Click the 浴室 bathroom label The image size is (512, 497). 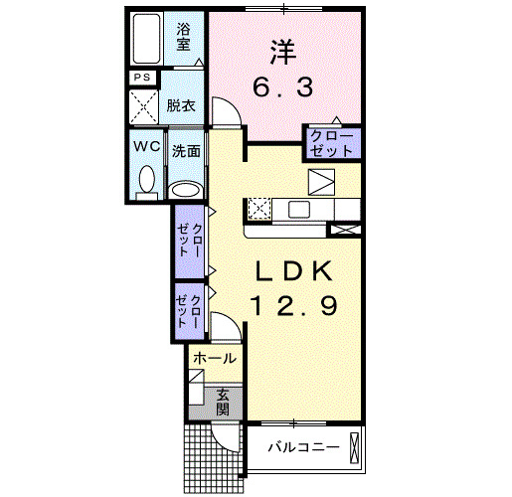(185, 39)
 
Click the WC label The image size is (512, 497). (146, 146)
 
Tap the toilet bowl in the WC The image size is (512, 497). (147, 180)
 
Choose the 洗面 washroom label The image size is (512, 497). (186, 152)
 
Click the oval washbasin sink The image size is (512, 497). (186, 189)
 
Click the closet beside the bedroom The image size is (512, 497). (330, 143)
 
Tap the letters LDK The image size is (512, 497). (294, 270)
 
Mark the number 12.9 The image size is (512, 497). (294, 306)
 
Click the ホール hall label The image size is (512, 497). (214, 358)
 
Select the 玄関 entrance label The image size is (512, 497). (223, 401)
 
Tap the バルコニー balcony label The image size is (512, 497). (303, 447)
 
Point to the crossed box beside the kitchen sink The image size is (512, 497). (258, 209)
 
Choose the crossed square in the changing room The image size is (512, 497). (144, 105)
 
